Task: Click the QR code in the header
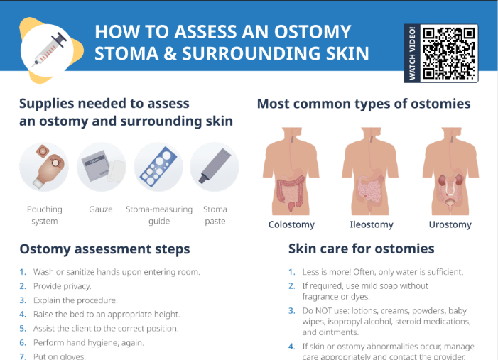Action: click(449, 53)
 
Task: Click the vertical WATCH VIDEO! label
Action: click(412, 53)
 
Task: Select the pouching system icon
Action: click(44, 167)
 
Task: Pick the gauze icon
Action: click(101, 167)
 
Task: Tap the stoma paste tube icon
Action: click(215, 167)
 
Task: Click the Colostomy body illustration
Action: click(291, 170)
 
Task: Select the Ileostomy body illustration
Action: click(371, 170)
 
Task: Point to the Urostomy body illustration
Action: click(450, 170)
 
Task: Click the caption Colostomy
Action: click(291, 224)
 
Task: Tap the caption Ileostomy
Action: click(371, 224)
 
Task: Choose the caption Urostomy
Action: click(450, 224)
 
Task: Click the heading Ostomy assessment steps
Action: click(104, 249)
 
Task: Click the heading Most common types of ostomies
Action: click(363, 104)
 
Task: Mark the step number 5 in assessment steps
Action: click(23, 329)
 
